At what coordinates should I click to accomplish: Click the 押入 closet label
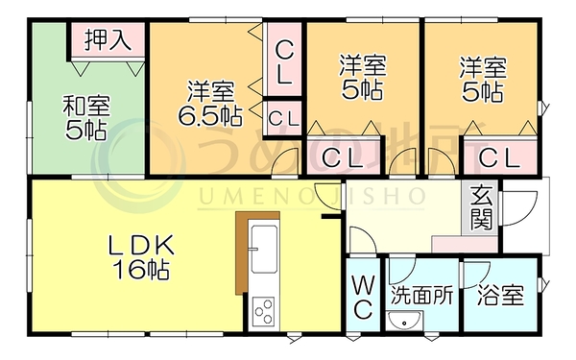tap(108, 39)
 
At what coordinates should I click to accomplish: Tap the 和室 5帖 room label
tap(86, 117)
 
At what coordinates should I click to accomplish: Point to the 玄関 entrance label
tap(481, 207)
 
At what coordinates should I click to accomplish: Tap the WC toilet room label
tap(364, 298)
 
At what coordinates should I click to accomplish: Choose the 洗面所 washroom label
tap(421, 295)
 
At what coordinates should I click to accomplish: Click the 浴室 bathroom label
tap(500, 295)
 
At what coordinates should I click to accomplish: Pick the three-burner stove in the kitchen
tap(264, 311)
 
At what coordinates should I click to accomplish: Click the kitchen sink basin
tap(263, 249)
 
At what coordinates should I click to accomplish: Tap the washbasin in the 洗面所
tap(403, 321)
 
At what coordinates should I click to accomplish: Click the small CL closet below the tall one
tap(283, 118)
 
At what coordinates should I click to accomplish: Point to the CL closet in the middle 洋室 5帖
tap(344, 156)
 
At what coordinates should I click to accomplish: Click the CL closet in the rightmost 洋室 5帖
tap(499, 157)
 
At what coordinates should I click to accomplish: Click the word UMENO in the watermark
tap(252, 197)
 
